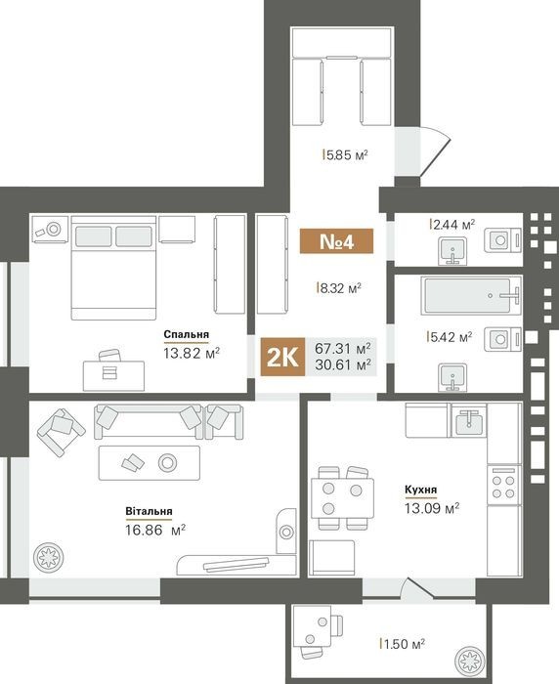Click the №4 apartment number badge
click(336, 240)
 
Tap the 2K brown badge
click(282, 357)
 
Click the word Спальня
click(187, 334)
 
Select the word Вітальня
click(149, 511)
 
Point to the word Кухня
click(420, 490)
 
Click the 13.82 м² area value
click(192, 353)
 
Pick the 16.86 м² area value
click(155, 531)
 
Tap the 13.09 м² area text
click(432, 508)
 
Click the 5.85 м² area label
click(345, 154)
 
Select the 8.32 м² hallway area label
click(339, 288)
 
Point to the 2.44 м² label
click(452, 225)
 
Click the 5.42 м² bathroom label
click(450, 337)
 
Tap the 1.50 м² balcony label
click(403, 644)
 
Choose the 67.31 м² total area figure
click(343, 349)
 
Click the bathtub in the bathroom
click(471, 295)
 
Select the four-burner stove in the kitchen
click(503, 486)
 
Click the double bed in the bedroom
click(113, 268)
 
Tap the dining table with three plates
click(342, 498)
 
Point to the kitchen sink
click(469, 420)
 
